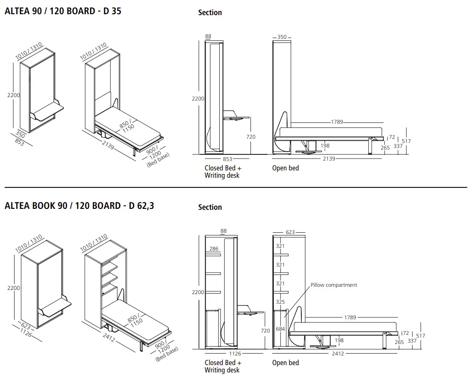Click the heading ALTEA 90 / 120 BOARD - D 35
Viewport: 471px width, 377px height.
[63, 11]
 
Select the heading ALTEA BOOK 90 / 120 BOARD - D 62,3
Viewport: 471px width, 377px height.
[79, 206]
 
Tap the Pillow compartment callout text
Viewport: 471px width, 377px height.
[333, 285]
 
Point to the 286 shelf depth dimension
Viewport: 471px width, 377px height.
[214, 249]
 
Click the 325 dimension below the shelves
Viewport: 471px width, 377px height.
[280, 302]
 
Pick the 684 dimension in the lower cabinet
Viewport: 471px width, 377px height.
[280, 329]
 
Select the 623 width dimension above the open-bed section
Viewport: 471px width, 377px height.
[290, 232]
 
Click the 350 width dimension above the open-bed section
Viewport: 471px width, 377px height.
[282, 37]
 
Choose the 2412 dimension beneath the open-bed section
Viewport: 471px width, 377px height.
[338, 353]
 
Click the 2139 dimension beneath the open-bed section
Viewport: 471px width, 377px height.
[329, 159]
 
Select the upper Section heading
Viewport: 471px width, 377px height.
[210, 13]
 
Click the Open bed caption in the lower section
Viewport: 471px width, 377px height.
[285, 363]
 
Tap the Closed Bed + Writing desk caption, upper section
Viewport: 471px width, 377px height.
[223, 171]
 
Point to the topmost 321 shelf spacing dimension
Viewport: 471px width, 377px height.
[280, 246]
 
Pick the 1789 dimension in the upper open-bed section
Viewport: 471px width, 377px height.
[337, 122]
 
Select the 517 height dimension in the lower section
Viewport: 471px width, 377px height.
[420, 336]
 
